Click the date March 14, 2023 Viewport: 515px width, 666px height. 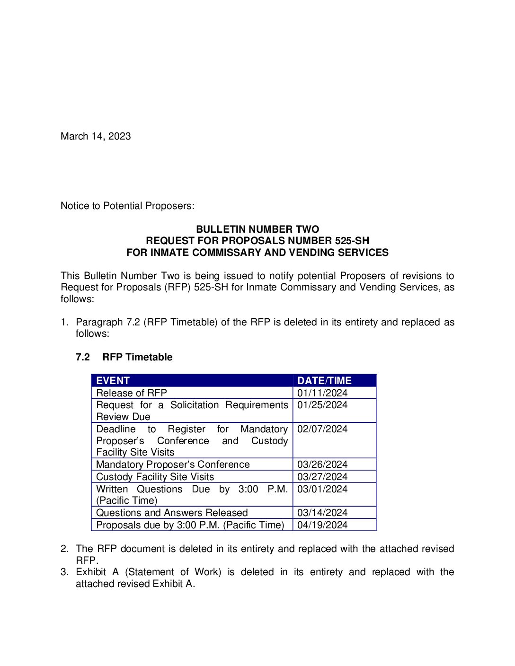tap(96, 136)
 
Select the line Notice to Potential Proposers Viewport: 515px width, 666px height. tap(127, 206)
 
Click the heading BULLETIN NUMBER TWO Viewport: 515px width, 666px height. tap(257, 229)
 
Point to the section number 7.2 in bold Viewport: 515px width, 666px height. tap(82, 357)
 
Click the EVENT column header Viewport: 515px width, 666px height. tap(113, 381)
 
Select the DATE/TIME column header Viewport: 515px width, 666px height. tap(324, 381)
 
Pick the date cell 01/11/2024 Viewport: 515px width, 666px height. tap(322, 393)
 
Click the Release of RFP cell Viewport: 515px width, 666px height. tap(132, 393)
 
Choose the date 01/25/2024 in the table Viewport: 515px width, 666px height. tap(322, 405)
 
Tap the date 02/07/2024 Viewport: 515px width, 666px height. tap(322, 429)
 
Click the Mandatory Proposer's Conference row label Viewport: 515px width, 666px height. tap(173, 464)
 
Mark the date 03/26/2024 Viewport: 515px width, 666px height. tap(322, 464)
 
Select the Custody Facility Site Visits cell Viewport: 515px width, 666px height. tap(155, 477)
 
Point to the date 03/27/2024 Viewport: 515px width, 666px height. tap(322, 477)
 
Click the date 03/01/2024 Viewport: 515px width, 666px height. tap(322, 489)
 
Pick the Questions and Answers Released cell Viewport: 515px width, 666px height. tap(172, 513)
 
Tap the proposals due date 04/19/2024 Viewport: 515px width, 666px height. tap(322, 525)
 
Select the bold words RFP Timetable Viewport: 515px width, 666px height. tap(137, 357)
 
